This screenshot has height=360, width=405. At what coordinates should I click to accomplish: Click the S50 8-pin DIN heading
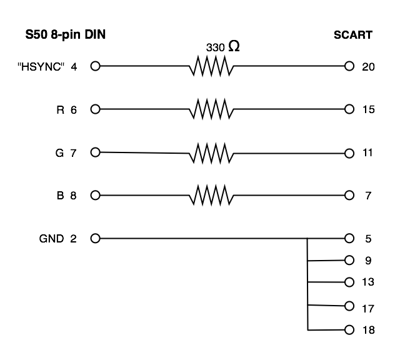click(x=66, y=35)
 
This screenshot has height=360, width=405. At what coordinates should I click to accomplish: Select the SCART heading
click(x=353, y=35)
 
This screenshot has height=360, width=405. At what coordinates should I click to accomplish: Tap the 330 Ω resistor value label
click(x=223, y=47)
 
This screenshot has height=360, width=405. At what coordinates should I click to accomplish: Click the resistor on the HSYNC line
click(x=211, y=66)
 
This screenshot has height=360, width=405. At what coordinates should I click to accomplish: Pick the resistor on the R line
click(x=211, y=109)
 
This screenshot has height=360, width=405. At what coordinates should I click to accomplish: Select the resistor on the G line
click(x=211, y=153)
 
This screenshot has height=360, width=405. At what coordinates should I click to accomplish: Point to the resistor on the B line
click(x=211, y=196)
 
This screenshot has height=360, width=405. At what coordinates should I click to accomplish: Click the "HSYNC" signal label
click(x=41, y=67)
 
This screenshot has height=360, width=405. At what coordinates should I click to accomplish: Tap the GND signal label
click(x=51, y=239)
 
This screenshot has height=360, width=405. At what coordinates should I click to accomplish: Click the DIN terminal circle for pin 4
click(x=95, y=66)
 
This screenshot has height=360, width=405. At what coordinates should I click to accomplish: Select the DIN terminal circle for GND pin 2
click(x=95, y=238)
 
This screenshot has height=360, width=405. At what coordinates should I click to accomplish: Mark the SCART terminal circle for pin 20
click(x=349, y=66)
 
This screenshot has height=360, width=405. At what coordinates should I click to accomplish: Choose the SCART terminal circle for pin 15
click(x=349, y=109)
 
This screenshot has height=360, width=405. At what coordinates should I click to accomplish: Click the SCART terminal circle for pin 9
click(x=349, y=261)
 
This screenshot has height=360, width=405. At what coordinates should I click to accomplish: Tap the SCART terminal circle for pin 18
click(x=349, y=330)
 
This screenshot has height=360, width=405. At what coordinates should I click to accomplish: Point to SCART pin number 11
click(x=367, y=153)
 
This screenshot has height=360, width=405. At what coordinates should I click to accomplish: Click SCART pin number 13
click(x=368, y=282)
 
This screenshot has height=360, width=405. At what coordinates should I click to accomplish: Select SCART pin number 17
click(x=368, y=309)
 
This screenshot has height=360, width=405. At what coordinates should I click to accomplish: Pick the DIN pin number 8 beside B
click(x=73, y=196)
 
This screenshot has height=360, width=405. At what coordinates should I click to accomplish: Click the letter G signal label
click(x=59, y=153)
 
